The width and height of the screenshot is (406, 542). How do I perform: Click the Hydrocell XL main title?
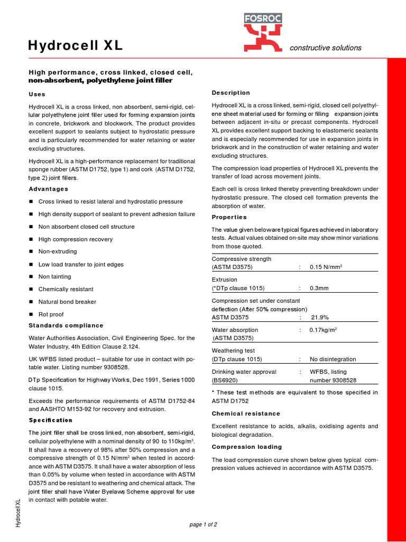tap(75, 46)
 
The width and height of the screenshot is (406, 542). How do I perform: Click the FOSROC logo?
tap(263, 32)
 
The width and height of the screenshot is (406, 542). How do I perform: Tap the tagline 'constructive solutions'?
tap(326, 48)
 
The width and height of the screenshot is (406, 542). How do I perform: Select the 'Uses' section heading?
tap(37, 94)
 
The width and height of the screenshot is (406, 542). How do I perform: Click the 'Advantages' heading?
tap(48, 189)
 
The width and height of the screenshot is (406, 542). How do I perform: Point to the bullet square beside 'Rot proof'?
tap(31, 314)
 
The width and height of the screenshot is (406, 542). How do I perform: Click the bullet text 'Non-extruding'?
tap(58, 251)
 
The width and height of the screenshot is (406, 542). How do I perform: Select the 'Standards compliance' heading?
tap(66, 326)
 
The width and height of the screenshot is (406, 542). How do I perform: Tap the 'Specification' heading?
tap(50, 420)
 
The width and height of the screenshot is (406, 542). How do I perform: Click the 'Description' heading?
tap(230, 93)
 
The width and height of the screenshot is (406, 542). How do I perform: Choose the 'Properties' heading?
tap(229, 217)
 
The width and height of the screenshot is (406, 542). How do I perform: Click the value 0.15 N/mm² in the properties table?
tap(326, 267)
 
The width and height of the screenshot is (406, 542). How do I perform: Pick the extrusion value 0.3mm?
tap(319, 288)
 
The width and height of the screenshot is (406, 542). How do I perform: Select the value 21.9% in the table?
tap(320, 317)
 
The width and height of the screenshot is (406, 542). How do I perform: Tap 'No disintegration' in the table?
tap(333, 359)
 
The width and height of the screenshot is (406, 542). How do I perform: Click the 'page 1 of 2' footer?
tap(203, 525)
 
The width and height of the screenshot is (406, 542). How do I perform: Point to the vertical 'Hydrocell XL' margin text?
tap(18, 512)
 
